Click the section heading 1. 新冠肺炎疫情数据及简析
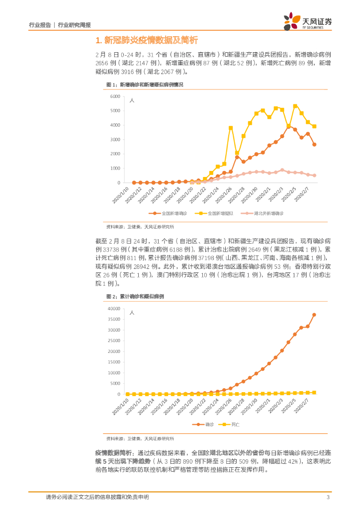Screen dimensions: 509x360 [x=146, y=40]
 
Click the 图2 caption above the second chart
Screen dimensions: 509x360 [x=134, y=296]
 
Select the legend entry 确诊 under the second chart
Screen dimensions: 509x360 [x=204, y=424]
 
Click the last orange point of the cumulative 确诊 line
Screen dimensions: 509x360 [x=314, y=315]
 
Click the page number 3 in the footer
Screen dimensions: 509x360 [x=328, y=497]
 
